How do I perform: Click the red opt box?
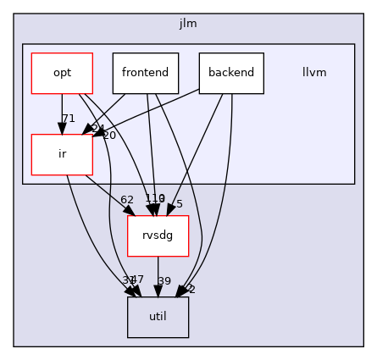click(62, 73)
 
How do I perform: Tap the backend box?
click(231, 73)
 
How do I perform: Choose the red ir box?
click(62, 154)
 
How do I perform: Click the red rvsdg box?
click(158, 235)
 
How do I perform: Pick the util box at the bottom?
click(158, 317)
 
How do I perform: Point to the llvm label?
click(314, 73)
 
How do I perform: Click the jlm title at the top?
click(188, 23)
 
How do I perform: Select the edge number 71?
click(69, 119)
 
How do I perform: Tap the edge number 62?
click(127, 200)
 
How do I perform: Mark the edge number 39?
click(164, 281)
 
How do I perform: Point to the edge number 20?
click(108, 136)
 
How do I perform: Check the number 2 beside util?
click(191, 290)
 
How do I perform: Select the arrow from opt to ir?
click(62, 114)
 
